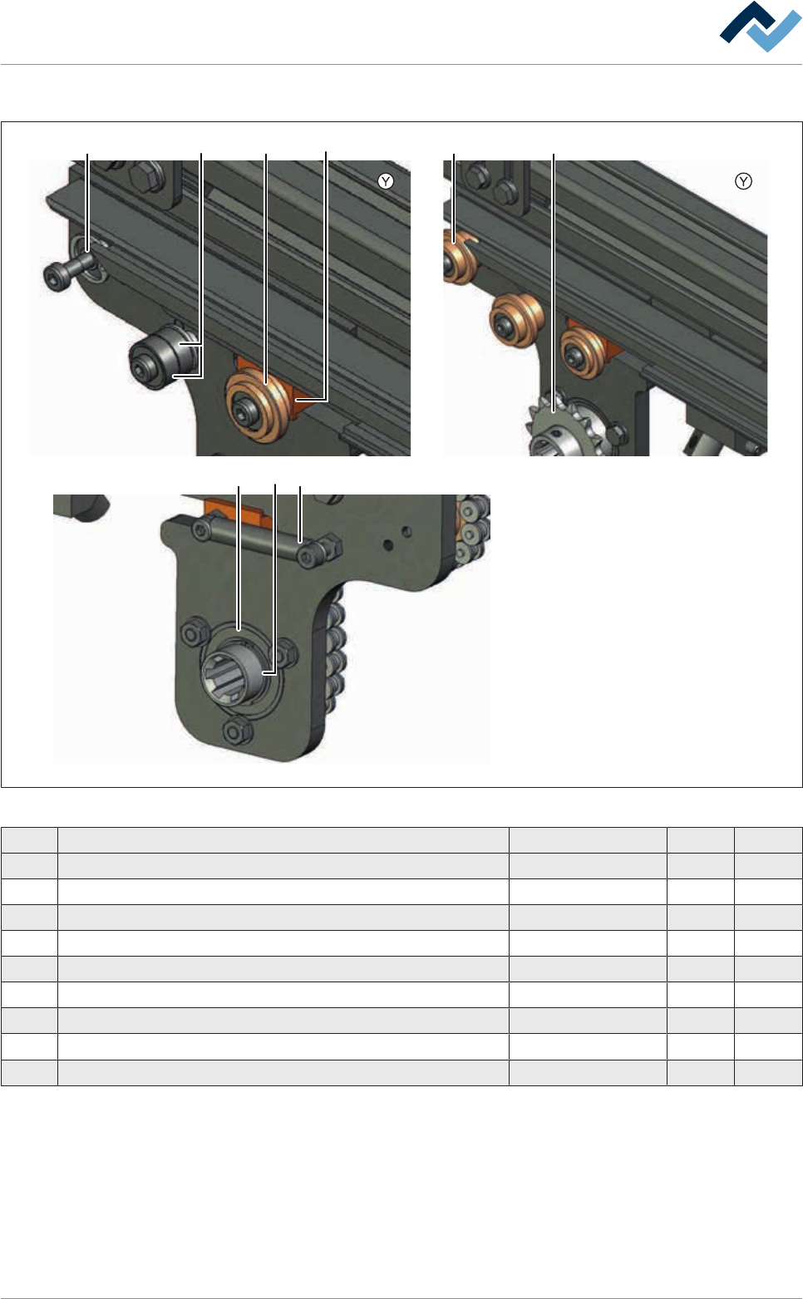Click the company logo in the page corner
click(x=760, y=27)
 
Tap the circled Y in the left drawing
click(x=386, y=181)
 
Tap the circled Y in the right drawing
click(x=743, y=181)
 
